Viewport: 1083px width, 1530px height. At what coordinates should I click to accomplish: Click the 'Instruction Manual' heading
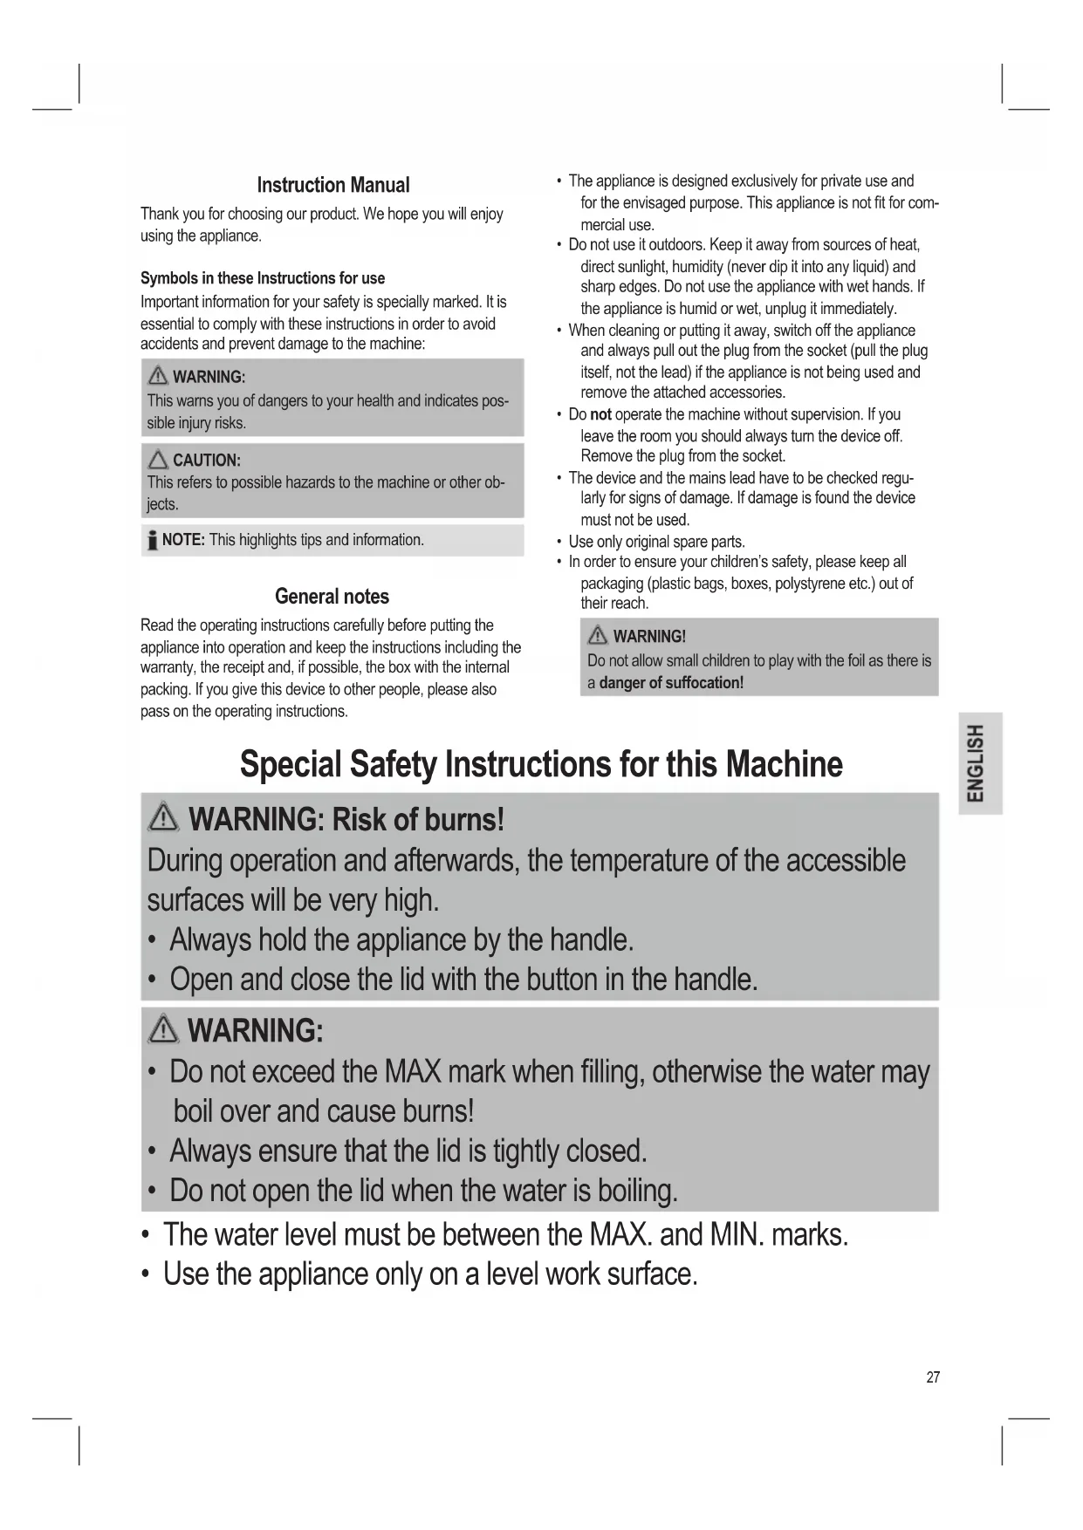click(332, 185)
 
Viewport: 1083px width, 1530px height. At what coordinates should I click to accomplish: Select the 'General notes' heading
click(332, 597)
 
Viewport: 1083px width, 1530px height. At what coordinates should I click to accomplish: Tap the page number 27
click(933, 1377)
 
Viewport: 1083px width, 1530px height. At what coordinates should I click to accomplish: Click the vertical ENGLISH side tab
click(979, 762)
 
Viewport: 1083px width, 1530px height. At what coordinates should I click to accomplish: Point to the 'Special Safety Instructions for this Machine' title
click(541, 764)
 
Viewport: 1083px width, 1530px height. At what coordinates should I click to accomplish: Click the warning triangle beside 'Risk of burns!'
click(164, 818)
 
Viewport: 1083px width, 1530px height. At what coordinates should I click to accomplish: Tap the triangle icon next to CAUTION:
click(158, 460)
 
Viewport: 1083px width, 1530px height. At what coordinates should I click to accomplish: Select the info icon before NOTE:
click(152, 541)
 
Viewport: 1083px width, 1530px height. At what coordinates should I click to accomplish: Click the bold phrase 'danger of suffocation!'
click(671, 683)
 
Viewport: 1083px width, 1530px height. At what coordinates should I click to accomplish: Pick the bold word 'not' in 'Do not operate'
click(600, 414)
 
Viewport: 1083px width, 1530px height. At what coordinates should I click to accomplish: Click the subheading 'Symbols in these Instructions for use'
click(263, 278)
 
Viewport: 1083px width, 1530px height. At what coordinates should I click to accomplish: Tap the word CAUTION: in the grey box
click(207, 461)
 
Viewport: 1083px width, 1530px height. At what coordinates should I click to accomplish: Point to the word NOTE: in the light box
click(183, 540)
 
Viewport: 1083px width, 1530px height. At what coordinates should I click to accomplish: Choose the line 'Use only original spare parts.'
click(656, 542)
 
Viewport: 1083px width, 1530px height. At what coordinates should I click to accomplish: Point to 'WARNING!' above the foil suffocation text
click(649, 637)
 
